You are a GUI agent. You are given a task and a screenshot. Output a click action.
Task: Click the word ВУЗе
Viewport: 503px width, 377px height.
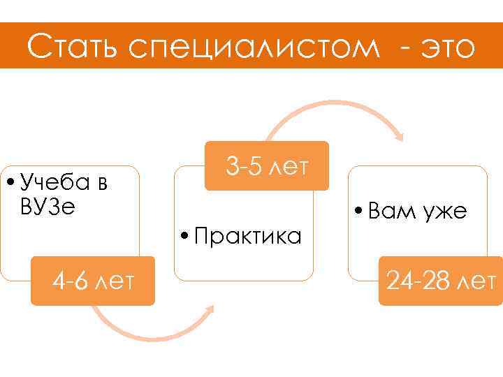coord(48,207)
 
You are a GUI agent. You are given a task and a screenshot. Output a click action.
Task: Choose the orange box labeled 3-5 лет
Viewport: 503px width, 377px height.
coord(266,165)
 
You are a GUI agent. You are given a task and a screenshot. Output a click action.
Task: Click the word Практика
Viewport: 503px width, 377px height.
coord(247,237)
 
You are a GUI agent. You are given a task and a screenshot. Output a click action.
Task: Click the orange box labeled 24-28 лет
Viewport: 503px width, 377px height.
coord(440,281)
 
